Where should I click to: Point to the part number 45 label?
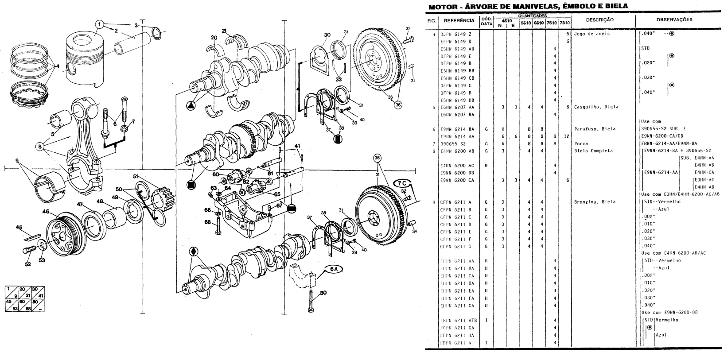[x=19, y=227]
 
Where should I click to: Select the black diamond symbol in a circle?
[x=193, y=252]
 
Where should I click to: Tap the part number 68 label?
[x=207, y=222]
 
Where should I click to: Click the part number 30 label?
[x=327, y=35]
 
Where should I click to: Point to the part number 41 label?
[x=297, y=146]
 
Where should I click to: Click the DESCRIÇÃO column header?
[x=599, y=20]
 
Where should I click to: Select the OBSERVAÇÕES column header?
[x=674, y=19]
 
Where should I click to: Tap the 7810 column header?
[x=564, y=23]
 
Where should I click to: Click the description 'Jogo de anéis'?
[x=592, y=34]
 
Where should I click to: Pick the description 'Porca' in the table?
[x=580, y=143]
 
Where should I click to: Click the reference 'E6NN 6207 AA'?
[x=457, y=107]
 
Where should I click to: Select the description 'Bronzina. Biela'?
[x=595, y=202]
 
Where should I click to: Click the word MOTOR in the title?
[x=441, y=7]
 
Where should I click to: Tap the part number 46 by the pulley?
[x=46, y=212]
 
